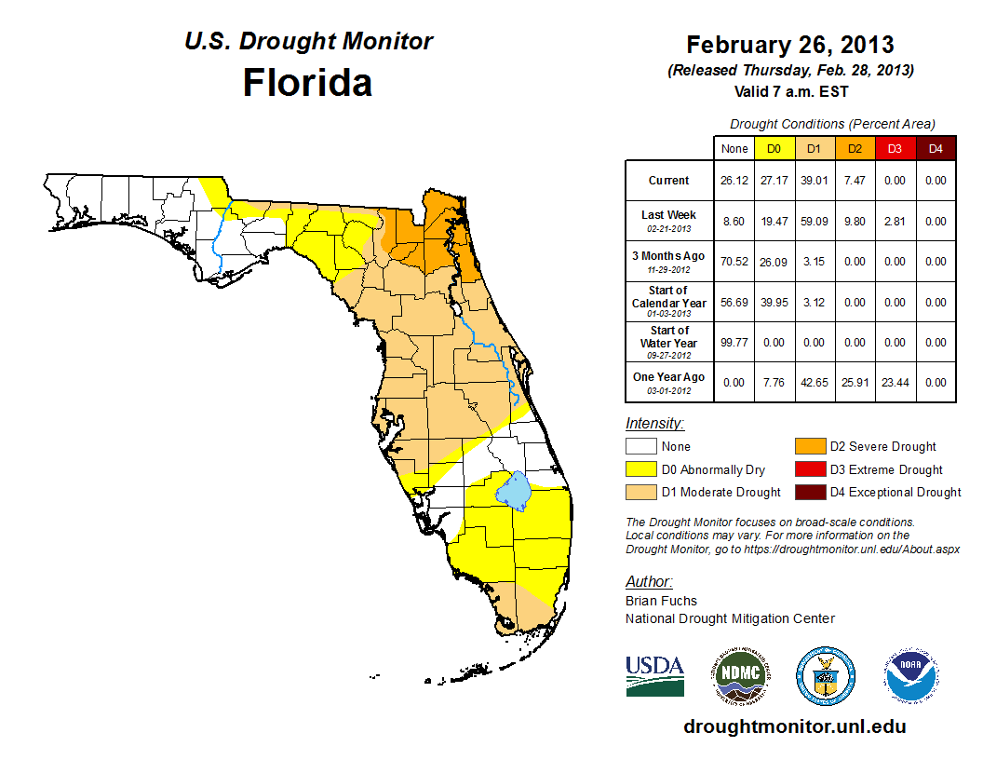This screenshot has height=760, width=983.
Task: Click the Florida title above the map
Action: (x=307, y=82)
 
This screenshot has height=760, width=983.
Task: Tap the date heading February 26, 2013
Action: (x=789, y=45)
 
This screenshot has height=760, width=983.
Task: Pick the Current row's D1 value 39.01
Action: (x=813, y=181)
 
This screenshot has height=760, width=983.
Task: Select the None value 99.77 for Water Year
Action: (x=734, y=343)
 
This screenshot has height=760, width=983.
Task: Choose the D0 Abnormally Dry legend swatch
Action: (x=640, y=469)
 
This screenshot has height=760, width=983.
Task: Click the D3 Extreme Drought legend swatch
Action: (x=806, y=469)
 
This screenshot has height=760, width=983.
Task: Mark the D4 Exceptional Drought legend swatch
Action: (x=806, y=492)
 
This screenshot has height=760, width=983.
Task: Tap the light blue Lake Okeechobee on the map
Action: (x=513, y=488)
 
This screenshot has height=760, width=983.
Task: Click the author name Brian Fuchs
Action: (x=661, y=601)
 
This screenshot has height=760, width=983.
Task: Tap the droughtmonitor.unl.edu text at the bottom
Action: (x=794, y=726)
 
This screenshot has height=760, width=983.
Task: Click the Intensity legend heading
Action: (x=654, y=424)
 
